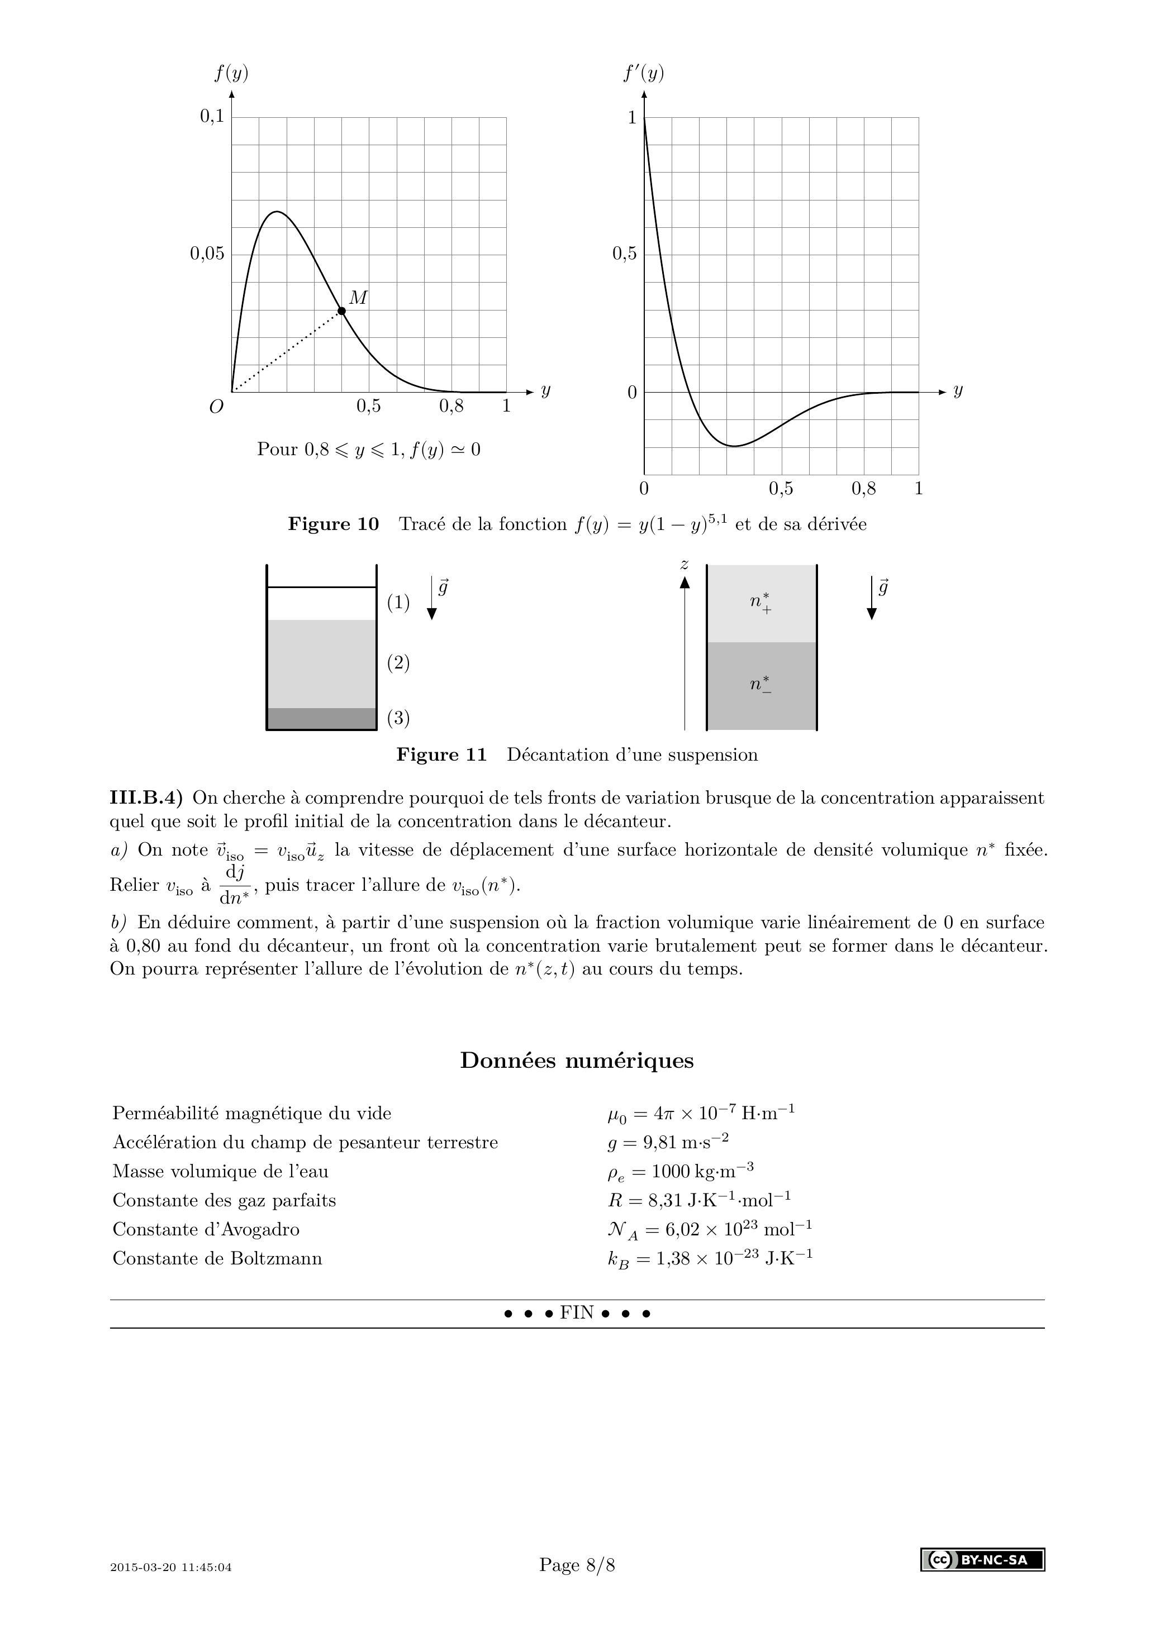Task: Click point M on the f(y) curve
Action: [x=341, y=311]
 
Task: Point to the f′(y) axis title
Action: [x=643, y=73]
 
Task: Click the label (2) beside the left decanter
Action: [x=398, y=663]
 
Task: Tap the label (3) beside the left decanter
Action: [x=398, y=718]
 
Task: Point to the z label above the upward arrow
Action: [x=685, y=565]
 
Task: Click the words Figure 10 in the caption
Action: [x=333, y=524]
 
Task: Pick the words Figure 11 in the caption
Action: [x=441, y=755]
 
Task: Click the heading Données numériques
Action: [x=577, y=1061]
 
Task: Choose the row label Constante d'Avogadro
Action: [x=206, y=1229]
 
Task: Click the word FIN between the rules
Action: [x=577, y=1312]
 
